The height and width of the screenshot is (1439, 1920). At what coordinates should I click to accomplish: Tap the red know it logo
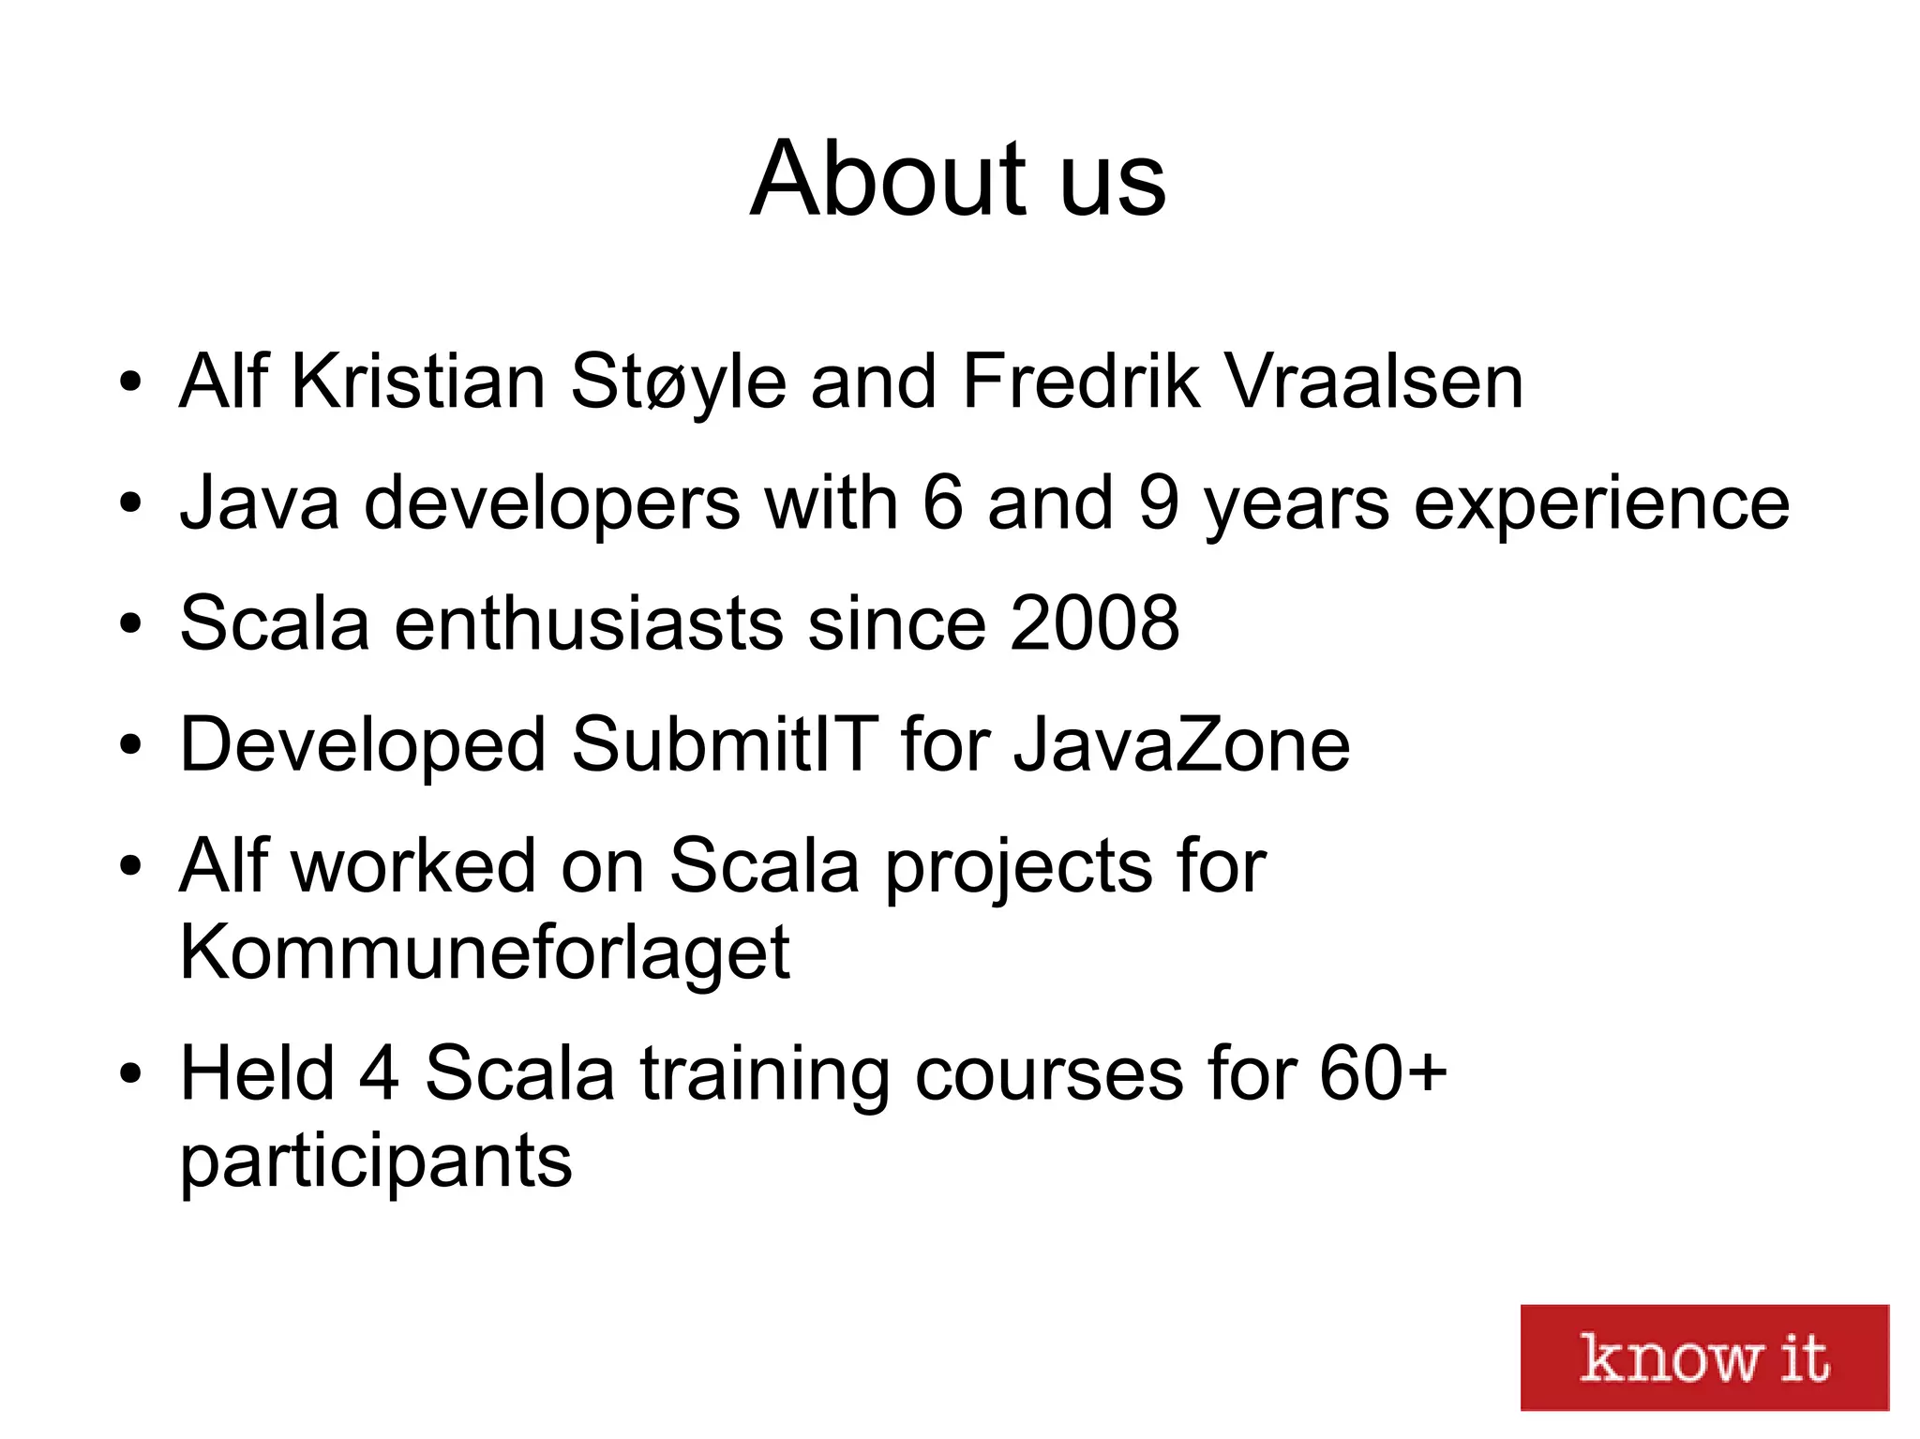(x=1703, y=1357)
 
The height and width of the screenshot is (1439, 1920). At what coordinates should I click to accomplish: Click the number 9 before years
(x=1159, y=502)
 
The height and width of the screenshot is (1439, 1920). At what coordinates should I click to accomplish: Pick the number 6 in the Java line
(x=942, y=502)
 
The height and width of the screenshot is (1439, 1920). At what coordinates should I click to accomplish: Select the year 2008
(x=1094, y=623)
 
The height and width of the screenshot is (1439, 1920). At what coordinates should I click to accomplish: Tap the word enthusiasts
(x=589, y=623)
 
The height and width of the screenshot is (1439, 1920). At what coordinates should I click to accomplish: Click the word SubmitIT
(x=725, y=744)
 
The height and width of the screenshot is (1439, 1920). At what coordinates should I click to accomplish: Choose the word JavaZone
(x=1181, y=744)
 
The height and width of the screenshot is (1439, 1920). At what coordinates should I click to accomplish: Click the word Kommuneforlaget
(x=485, y=952)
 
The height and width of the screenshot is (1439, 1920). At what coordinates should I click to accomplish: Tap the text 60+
(x=1384, y=1073)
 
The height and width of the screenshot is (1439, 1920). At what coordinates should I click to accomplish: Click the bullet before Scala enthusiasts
(x=130, y=624)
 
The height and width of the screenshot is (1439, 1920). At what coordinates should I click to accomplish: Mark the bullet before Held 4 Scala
(x=130, y=1074)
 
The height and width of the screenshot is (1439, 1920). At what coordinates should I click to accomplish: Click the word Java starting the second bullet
(x=259, y=502)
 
